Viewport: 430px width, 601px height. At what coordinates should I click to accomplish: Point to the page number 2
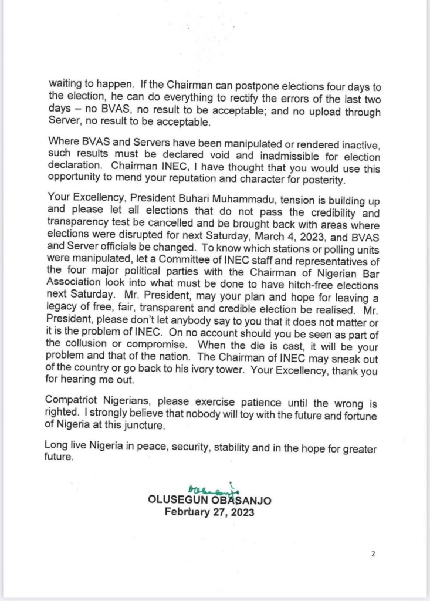click(373, 553)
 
